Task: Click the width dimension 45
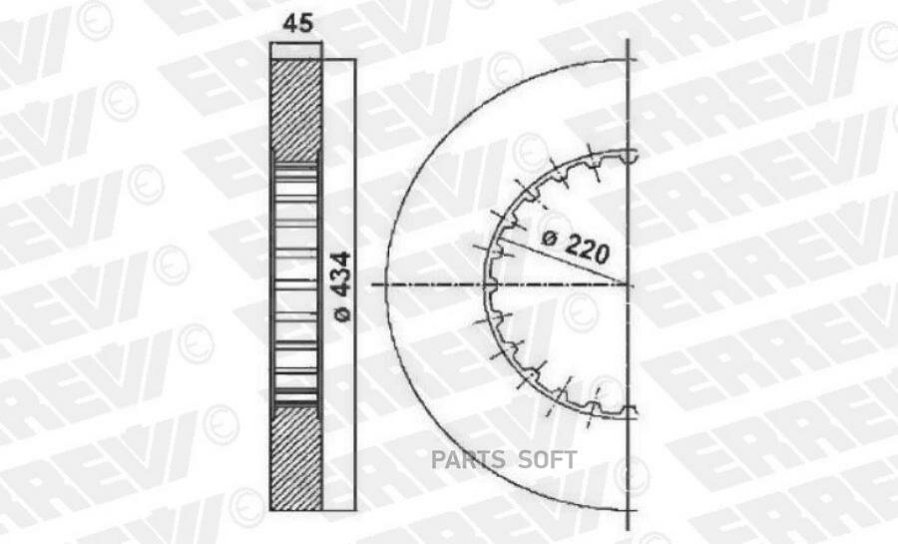tap(297, 24)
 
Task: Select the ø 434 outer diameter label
tap(342, 286)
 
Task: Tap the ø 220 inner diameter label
tap(576, 247)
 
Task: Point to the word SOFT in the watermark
tap(548, 460)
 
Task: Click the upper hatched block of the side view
tap(295, 110)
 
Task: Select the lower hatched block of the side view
tap(295, 458)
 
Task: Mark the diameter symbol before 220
tap(549, 237)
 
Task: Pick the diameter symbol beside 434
tap(342, 313)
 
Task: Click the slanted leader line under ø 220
tap(563, 261)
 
